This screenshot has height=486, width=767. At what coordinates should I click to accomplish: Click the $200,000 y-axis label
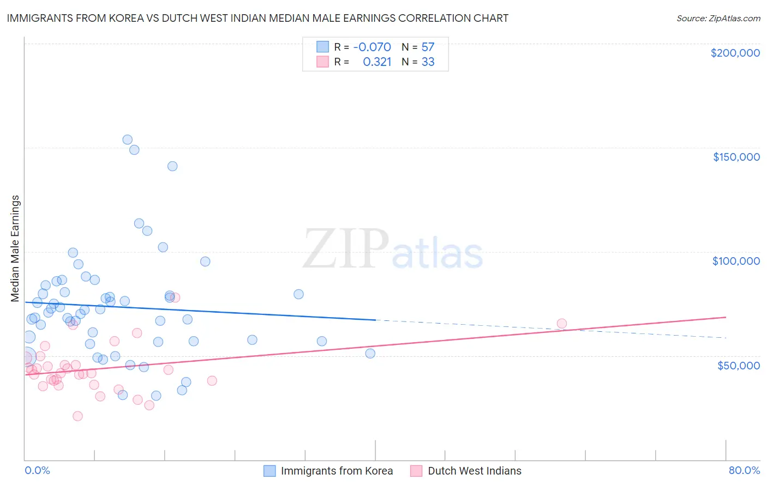point(735,53)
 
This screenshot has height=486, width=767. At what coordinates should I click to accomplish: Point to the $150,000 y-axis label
point(736,157)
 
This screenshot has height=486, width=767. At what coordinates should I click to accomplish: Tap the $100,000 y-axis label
point(736,261)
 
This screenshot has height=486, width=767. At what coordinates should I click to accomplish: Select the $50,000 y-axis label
point(738,365)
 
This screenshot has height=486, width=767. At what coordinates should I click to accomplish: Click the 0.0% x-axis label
point(37,470)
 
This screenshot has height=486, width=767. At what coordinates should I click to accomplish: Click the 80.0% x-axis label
point(744,470)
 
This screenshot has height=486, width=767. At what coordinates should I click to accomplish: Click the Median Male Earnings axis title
point(15,248)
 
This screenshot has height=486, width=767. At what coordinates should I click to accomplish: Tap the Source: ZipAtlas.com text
point(718,18)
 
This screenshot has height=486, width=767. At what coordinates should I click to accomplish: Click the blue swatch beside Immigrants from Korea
point(269,471)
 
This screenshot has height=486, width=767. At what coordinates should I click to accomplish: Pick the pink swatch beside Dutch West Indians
point(417,471)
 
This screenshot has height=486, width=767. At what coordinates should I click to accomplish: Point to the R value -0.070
point(372,47)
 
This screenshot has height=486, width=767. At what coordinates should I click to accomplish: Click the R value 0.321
point(377,62)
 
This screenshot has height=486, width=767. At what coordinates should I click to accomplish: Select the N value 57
point(428,47)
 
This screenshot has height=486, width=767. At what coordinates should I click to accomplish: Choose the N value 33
point(428,62)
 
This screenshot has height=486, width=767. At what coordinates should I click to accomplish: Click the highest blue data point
point(127,139)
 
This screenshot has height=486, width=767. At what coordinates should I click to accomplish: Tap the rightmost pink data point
point(561,324)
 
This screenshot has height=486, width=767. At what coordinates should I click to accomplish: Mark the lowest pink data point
point(77,416)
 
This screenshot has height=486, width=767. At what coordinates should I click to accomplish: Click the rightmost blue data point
point(370,353)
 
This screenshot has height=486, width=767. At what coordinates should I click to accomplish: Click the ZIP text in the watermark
point(345,250)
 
